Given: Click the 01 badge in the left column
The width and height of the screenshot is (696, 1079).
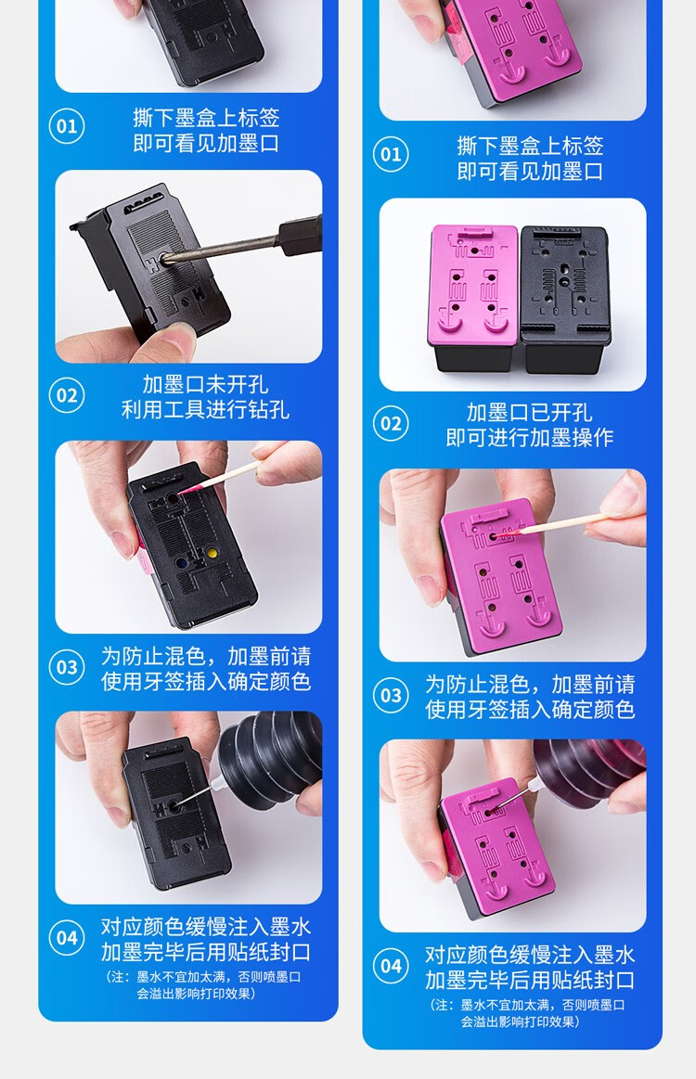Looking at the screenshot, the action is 67,126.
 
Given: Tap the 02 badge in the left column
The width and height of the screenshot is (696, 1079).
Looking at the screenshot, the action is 67,395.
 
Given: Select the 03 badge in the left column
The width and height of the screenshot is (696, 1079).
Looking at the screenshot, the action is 67,667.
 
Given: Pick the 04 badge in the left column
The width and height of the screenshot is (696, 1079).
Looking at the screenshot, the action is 67,937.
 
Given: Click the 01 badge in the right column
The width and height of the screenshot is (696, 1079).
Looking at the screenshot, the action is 391,154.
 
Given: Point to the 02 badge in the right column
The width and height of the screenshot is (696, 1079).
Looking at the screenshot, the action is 391,423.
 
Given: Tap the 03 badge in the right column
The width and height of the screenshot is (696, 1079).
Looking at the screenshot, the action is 391,695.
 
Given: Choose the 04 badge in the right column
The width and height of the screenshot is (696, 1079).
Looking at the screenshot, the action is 391,966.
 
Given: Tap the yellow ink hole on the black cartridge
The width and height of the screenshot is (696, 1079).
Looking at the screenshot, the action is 212,553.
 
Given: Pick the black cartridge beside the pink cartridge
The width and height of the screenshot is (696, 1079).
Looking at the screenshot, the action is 565,300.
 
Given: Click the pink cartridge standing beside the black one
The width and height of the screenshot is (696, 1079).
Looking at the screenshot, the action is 473,297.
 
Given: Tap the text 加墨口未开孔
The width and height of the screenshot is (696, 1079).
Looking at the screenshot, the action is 205,383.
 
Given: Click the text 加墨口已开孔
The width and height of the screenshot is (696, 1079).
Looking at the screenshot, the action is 529,412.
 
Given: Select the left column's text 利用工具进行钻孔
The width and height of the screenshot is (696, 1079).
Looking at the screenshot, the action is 205,409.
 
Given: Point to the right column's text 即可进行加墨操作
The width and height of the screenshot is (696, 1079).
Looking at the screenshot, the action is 529,437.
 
